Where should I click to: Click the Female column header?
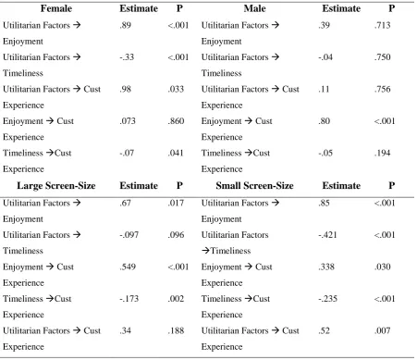pyautogui.click(x=56, y=8)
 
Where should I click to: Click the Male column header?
pyautogui.click(x=254, y=8)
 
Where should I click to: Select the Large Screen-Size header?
pyautogui.click(x=56, y=186)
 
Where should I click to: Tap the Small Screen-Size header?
pyautogui.click(x=254, y=186)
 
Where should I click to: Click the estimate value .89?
pyautogui.click(x=126, y=25)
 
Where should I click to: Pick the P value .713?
pyautogui.click(x=383, y=25)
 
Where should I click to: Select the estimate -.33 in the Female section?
pyautogui.click(x=127, y=57)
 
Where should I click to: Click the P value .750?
pyautogui.click(x=383, y=57)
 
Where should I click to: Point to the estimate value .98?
pyautogui.click(x=126, y=89)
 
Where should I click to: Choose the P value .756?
pyautogui.click(x=383, y=89)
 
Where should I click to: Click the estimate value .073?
pyautogui.click(x=128, y=121)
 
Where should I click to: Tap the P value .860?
pyautogui.click(x=176, y=121)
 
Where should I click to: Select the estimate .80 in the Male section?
pyautogui.click(x=325, y=121)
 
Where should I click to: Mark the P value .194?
pyautogui.click(x=383, y=153)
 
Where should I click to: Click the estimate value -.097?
pyautogui.click(x=129, y=235)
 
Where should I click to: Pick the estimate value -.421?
pyautogui.click(x=327, y=235)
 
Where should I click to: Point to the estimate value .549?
pyautogui.click(x=128, y=267)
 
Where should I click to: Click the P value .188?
pyautogui.click(x=176, y=330)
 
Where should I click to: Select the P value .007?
pyautogui.click(x=383, y=330)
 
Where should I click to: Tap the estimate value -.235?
pyautogui.click(x=327, y=299)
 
